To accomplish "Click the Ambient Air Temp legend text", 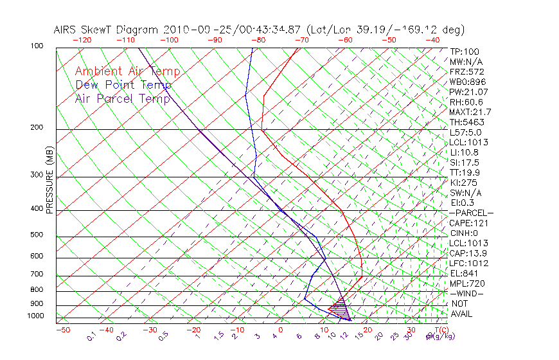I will (x=127, y=71).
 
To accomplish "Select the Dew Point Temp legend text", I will (x=123, y=85).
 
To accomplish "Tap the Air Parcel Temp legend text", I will (x=122, y=98).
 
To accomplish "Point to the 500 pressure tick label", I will (x=37, y=235).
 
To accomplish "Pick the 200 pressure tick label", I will (x=37, y=127).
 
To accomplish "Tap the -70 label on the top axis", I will (x=301, y=39).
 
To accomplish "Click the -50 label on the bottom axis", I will (x=62, y=330).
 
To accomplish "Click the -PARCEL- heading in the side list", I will (x=471, y=213).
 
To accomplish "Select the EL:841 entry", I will (x=462, y=273).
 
